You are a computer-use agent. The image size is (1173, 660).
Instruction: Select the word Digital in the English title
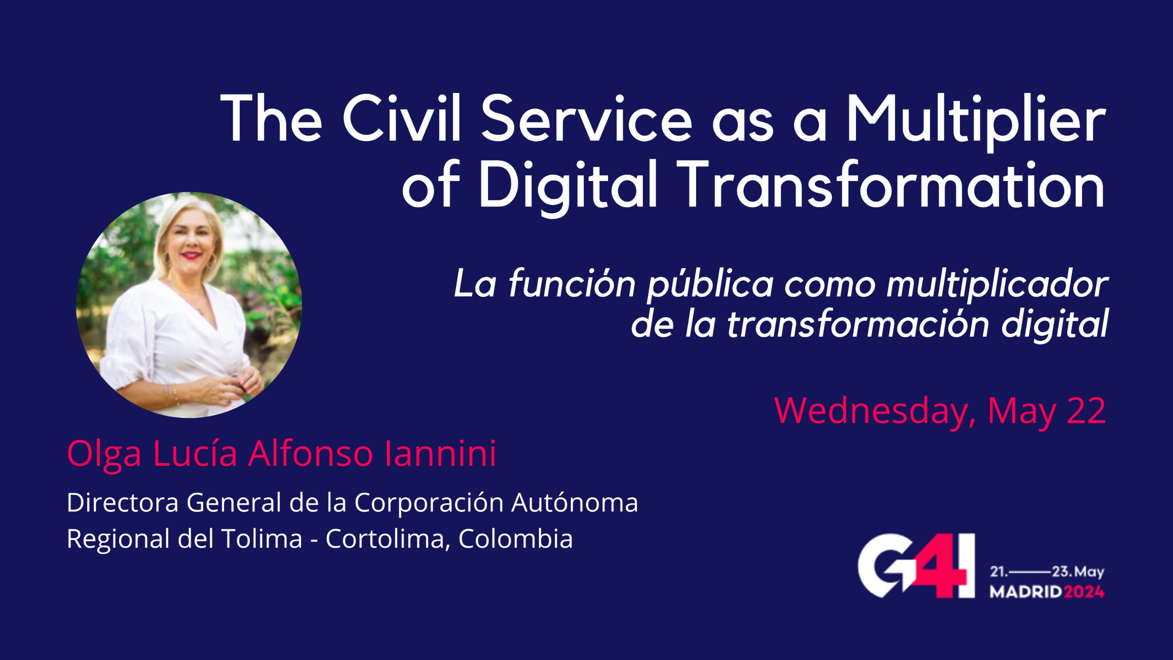tap(568, 188)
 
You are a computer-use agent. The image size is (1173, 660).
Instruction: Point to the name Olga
tap(104, 456)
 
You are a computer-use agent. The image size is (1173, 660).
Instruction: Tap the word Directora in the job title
tap(122, 503)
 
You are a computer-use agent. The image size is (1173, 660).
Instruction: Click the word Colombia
tap(515, 539)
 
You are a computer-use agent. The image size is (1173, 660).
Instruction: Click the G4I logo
tap(916, 572)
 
